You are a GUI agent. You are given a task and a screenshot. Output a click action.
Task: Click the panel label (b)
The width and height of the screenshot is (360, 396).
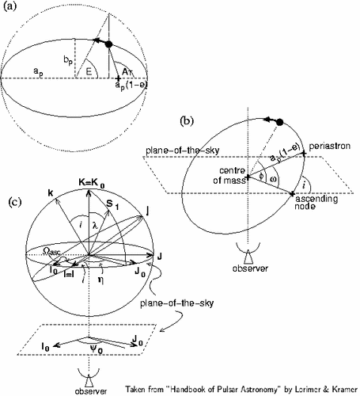187,120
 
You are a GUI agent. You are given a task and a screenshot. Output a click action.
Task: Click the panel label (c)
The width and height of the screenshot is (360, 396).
15,202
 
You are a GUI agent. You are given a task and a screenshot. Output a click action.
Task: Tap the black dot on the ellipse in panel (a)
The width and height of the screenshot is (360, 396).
108,44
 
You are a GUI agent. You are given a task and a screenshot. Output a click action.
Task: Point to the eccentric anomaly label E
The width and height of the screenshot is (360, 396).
89,72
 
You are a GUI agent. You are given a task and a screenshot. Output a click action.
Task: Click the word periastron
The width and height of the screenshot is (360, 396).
330,147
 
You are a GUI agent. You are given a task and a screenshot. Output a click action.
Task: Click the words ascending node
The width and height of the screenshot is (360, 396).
316,202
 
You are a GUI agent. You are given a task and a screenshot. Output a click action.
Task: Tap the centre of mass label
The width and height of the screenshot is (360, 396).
229,175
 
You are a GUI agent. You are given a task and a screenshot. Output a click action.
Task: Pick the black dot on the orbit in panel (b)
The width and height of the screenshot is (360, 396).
280,122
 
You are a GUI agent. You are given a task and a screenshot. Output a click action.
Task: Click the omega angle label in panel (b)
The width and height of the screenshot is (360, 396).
273,179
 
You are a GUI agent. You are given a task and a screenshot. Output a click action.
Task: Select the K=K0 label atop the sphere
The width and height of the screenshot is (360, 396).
92,183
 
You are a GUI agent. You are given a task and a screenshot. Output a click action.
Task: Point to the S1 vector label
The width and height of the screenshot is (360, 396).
112,204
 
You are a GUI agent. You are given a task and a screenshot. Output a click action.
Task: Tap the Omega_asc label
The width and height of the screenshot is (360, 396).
51,251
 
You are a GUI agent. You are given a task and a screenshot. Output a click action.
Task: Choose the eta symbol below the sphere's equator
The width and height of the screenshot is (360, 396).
100,280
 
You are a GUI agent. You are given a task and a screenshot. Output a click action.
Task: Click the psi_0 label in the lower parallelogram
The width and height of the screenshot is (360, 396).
97,349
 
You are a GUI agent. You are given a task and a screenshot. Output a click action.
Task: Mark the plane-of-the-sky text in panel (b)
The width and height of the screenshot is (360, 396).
183,150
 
